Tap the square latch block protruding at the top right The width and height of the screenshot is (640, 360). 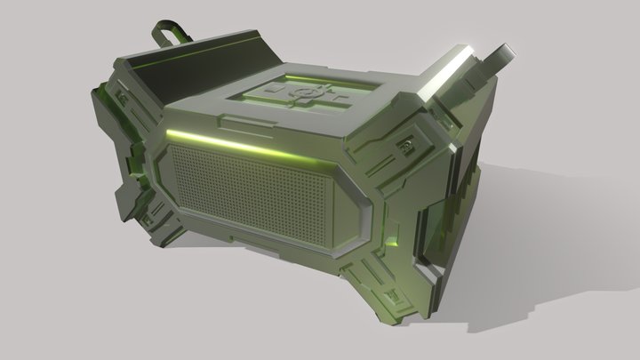498,57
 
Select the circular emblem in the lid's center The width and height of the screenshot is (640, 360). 301,92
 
